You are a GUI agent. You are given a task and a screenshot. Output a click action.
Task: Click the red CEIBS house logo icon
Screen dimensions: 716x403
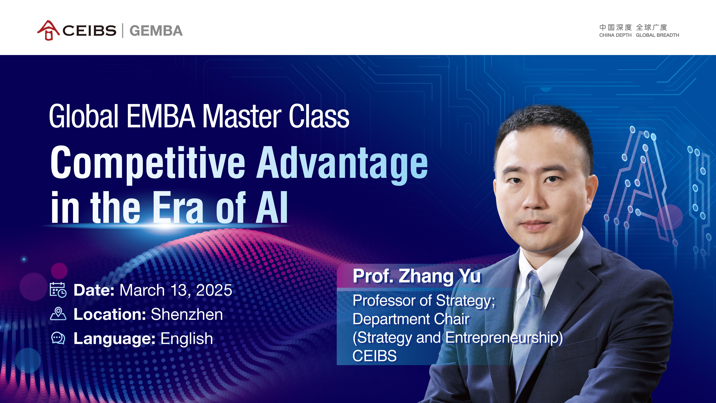pos(48,30)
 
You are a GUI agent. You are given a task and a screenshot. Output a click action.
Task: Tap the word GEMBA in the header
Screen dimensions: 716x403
pos(156,31)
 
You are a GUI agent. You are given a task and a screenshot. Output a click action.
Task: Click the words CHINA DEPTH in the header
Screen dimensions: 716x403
pos(615,35)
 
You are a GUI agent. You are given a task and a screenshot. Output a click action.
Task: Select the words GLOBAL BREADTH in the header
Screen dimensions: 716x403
pos(657,35)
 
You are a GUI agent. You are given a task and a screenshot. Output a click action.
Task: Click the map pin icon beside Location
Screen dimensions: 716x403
pos(58,314)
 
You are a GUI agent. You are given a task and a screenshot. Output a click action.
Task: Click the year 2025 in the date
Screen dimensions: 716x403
pos(214,290)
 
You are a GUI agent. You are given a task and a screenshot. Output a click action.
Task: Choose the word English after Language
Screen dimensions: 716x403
pos(186,339)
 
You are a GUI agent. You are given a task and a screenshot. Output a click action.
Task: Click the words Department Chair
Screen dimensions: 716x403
pos(411,319)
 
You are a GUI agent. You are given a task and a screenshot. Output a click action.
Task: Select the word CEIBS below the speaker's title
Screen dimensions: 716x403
pos(375,356)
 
